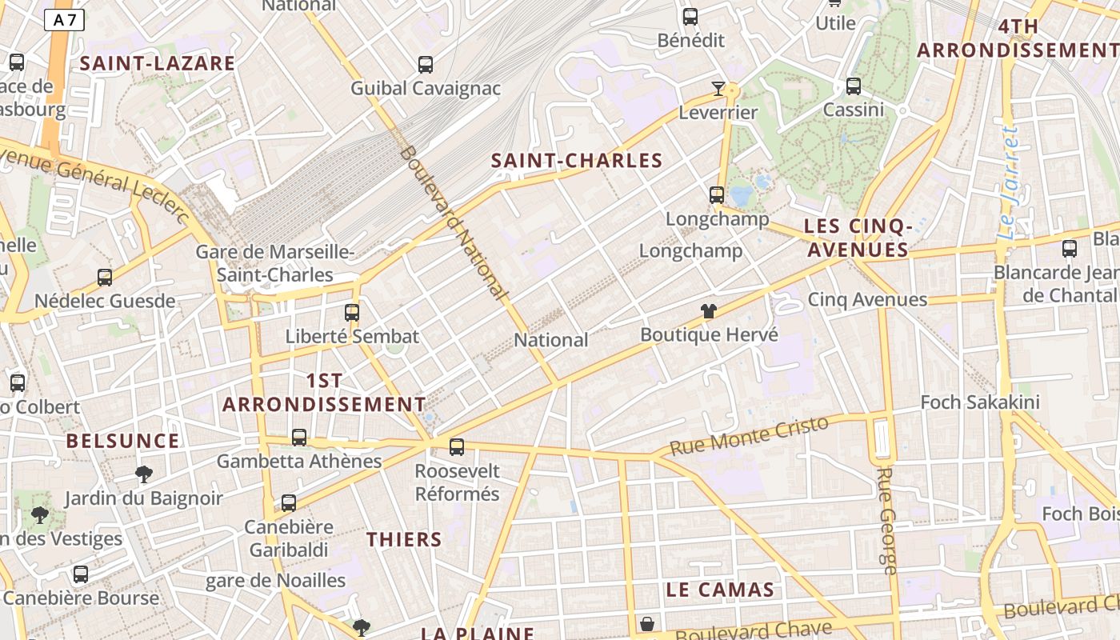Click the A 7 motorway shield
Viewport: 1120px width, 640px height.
pos(64,20)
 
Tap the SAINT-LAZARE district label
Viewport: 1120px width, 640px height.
pos(158,63)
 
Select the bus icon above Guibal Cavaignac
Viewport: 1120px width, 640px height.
pos(426,65)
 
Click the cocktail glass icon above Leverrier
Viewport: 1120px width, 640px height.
pos(718,88)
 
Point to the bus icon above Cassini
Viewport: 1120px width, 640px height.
pos(854,86)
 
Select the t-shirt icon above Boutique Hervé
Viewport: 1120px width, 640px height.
pos(708,311)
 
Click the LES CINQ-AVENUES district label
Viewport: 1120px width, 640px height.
pos(858,238)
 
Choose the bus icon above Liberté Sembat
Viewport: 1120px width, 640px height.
pos(352,312)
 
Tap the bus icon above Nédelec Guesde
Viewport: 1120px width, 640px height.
pos(105,278)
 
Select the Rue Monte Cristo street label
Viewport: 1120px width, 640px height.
pos(749,435)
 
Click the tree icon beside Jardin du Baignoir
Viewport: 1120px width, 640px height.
pos(144,474)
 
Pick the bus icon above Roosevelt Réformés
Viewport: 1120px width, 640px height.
pos(457,447)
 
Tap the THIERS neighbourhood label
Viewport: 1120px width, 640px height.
pos(404,539)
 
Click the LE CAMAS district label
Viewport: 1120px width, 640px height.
pos(720,590)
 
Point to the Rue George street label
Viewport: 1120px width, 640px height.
pos(886,520)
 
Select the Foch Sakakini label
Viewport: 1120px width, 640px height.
pos(980,402)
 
